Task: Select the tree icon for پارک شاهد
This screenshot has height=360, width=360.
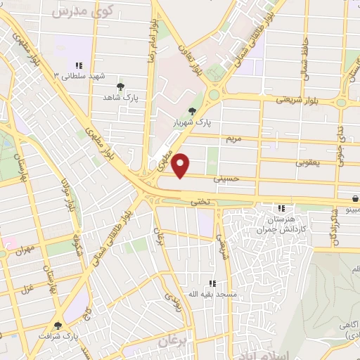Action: [x=121, y=86]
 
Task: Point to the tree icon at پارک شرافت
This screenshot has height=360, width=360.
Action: [x=58, y=326]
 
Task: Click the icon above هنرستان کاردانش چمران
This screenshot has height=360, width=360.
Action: [x=282, y=207]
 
